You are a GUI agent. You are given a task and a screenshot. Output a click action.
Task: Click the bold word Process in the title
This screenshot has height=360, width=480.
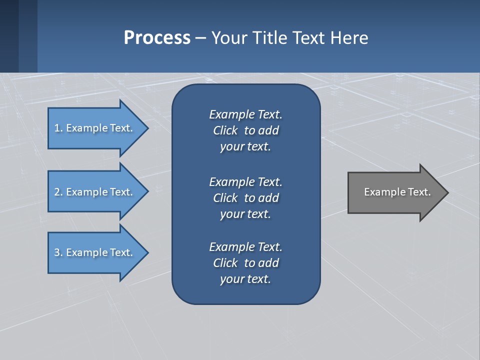tap(157, 37)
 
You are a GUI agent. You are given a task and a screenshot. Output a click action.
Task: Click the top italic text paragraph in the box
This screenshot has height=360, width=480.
tap(245, 130)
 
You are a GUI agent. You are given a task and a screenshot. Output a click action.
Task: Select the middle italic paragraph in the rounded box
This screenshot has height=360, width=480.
tap(245, 197)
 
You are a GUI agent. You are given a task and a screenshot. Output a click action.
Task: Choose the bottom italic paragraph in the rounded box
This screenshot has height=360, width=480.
tap(245, 263)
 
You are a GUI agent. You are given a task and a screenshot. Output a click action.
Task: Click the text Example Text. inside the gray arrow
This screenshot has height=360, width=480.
tap(397, 192)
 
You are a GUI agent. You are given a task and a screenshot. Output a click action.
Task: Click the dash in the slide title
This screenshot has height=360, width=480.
tap(200, 38)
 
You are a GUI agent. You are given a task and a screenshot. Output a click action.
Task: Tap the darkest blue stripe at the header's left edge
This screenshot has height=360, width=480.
tap(9, 36)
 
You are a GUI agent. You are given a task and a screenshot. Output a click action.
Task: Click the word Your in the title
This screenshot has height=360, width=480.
tap(227, 37)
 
